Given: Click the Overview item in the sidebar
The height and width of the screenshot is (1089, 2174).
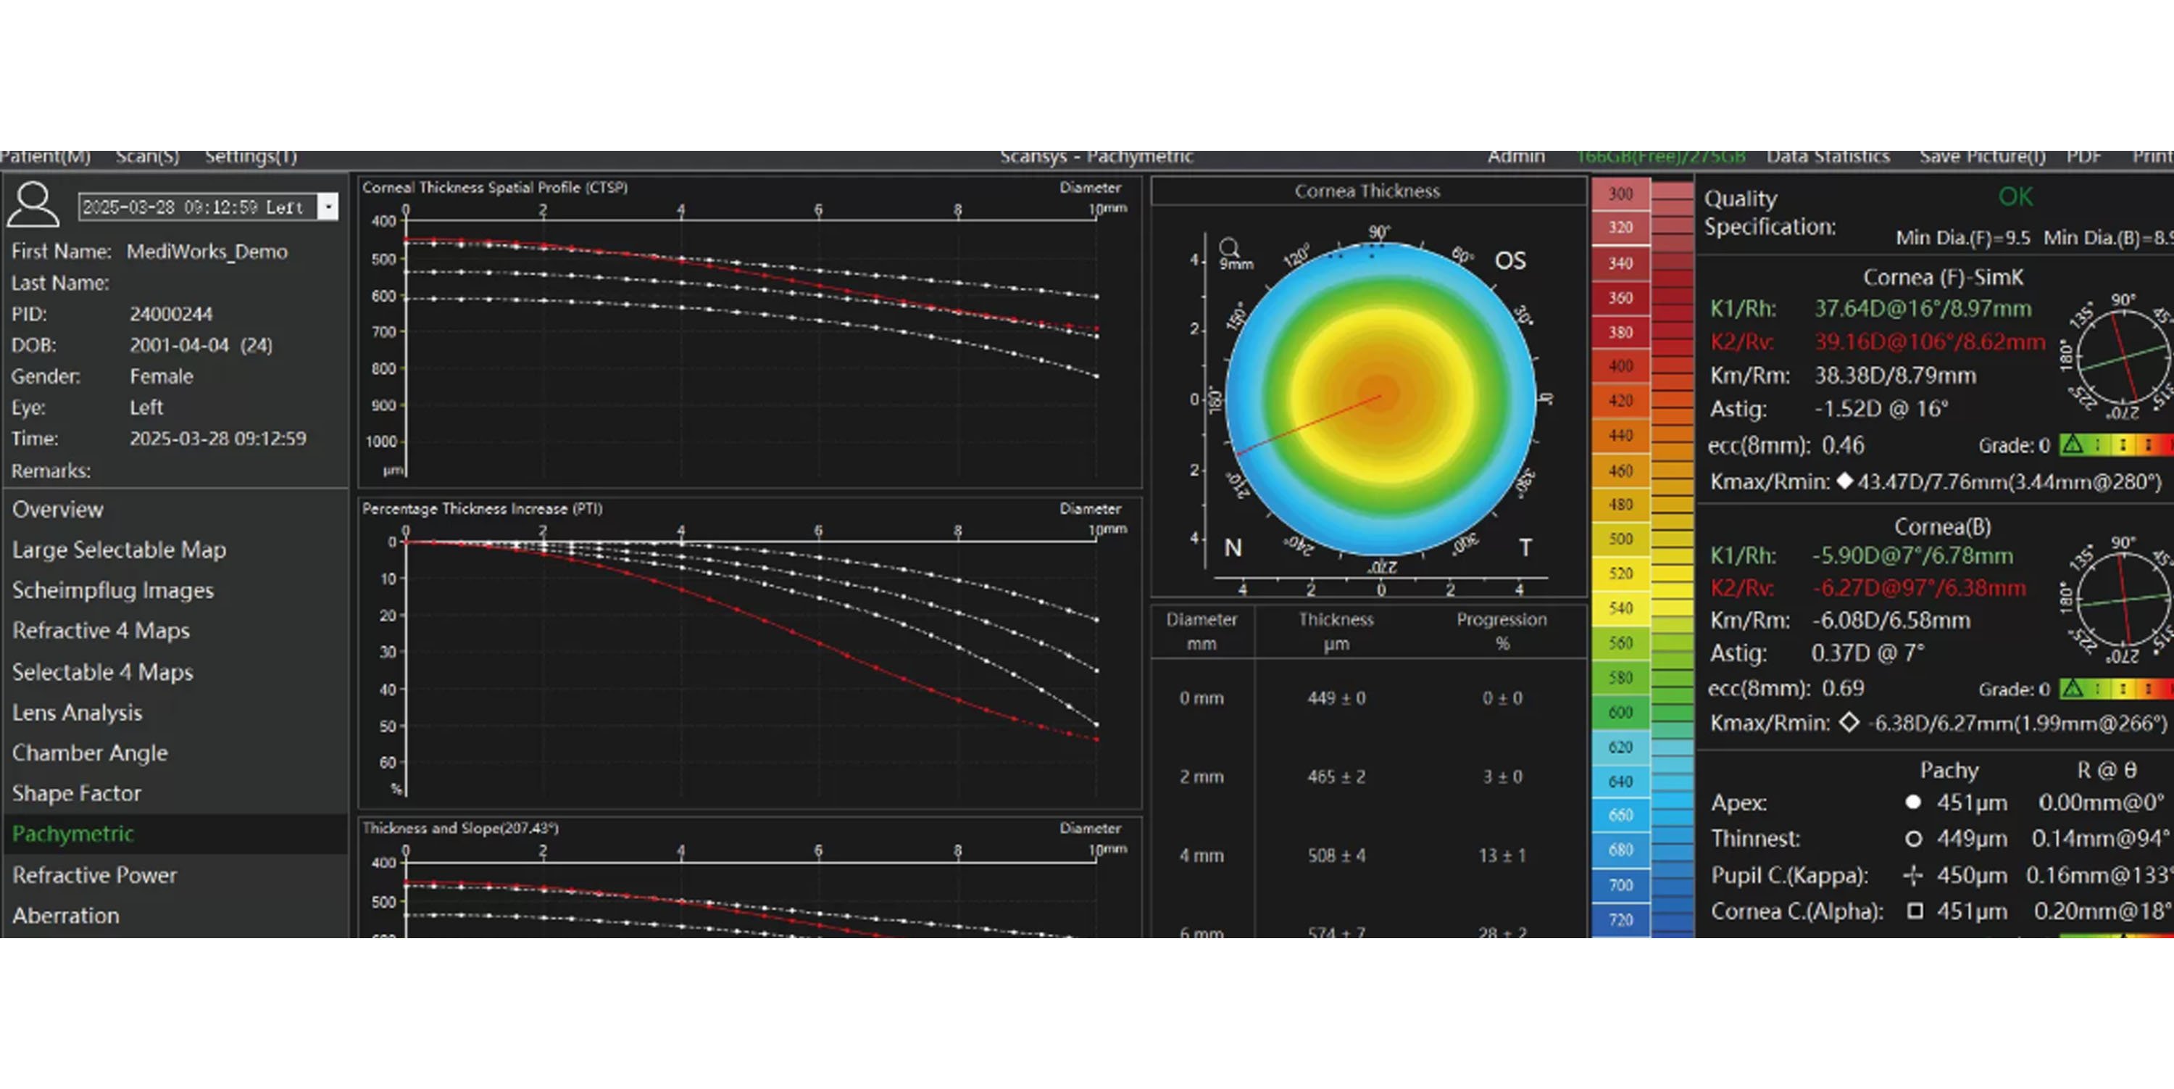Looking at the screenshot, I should pos(57,509).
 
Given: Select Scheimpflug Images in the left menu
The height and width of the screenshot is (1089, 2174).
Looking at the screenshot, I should pos(112,590).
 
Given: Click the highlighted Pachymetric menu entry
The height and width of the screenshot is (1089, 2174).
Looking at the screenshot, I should pos(72,833).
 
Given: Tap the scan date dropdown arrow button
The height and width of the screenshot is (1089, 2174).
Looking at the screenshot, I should pos(328,207).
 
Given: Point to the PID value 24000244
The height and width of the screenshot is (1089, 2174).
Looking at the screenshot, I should pos(170,314).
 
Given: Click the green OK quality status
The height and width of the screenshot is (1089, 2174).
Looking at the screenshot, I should pos(2015,196).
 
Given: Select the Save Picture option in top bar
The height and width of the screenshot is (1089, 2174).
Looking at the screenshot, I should pos(1981,157).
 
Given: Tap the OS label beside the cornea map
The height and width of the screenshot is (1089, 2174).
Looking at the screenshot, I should pos(1509,260).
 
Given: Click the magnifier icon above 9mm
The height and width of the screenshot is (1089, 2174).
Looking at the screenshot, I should pos(1230,247).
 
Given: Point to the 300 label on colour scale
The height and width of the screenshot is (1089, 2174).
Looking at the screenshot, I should pos(1620,194).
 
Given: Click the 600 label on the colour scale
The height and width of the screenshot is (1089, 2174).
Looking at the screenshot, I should pos(1620,713).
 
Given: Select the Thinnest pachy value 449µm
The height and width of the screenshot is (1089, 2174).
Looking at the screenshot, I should pos(1970,838).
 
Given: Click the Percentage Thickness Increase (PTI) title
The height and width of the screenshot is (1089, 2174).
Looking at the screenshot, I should pos(482,508).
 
